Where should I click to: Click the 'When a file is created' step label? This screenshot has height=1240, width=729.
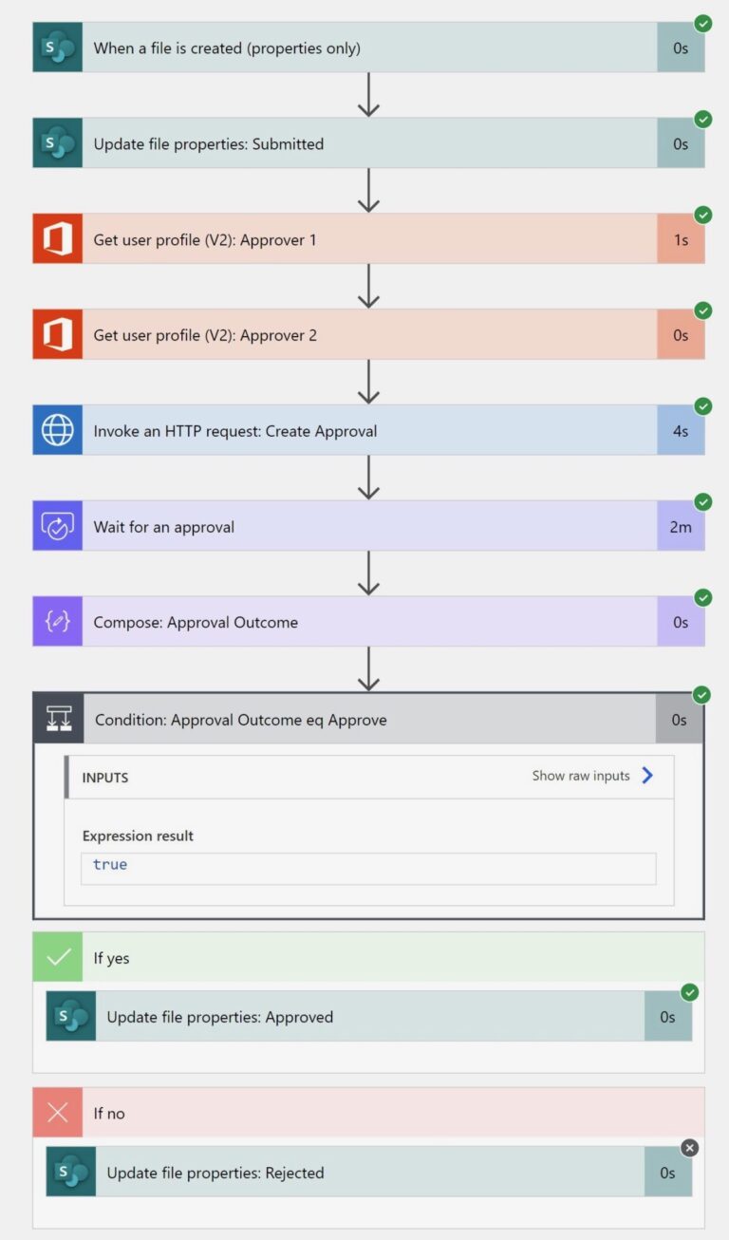coord(226,48)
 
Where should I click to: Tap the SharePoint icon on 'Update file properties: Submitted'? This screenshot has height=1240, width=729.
coord(57,143)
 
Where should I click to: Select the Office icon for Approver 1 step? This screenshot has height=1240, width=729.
coord(57,239)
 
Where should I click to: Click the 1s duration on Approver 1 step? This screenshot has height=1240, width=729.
coord(681,240)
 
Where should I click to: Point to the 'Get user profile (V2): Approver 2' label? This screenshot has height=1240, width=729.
coord(205,335)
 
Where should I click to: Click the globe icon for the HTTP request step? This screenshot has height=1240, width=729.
coord(57,431)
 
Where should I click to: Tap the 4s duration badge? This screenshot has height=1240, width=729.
coord(681,431)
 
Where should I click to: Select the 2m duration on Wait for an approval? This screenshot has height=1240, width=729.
coord(681,527)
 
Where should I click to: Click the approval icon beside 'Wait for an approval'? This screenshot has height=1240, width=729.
coord(57,527)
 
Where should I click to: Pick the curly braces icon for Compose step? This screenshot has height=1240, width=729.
coord(57,623)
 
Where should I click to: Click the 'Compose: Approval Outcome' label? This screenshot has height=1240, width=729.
coord(196,623)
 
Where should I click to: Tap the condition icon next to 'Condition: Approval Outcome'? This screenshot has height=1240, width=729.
coord(59,720)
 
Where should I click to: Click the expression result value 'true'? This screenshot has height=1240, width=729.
coord(110,865)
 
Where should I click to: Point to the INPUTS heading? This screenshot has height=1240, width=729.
coord(104,778)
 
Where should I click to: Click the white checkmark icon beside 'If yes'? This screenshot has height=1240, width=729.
coord(58,957)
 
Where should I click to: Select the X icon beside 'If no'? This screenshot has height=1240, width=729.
coord(58,1113)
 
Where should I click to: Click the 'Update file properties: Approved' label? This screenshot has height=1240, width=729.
coord(219,1017)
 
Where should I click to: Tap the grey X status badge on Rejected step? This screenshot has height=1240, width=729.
coord(690,1148)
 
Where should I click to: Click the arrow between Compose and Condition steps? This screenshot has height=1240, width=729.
coord(368,669)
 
